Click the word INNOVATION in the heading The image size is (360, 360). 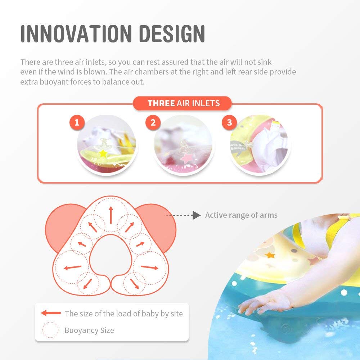(x=76, y=34)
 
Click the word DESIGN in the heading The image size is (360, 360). (x=172, y=34)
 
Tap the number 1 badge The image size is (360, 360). (x=77, y=122)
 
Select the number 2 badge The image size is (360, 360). (x=153, y=122)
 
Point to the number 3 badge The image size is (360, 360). (x=229, y=122)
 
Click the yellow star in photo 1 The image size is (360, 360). (x=103, y=153)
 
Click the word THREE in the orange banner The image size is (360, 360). (x=161, y=103)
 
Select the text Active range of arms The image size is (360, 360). (x=241, y=215)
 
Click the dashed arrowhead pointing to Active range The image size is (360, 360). (x=197, y=215)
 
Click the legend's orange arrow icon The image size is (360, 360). (x=51, y=313)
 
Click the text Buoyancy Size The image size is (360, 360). (x=89, y=330)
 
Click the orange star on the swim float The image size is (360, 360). (x=270, y=255)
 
